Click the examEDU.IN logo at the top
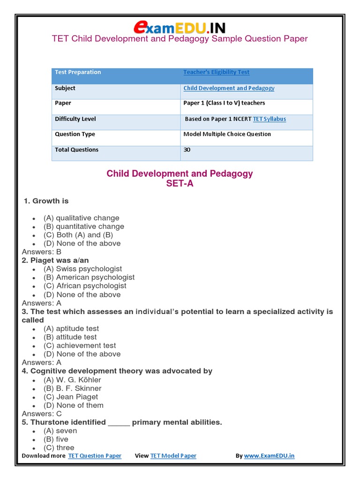click(180, 27)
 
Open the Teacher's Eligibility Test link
click(216, 72)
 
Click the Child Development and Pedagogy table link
click(229, 88)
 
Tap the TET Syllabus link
click(269, 119)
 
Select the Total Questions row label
click(76, 150)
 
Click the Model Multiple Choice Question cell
click(227, 134)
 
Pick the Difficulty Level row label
click(75, 119)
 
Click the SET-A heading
click(180, 184)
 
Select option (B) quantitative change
click(84, 226)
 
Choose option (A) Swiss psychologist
click(82, 269)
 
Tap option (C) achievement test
click(80, 345)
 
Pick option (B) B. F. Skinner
click(72, 388)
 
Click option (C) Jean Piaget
click(71, 397)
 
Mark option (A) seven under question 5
click(60, 431)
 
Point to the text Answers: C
click(42, 414)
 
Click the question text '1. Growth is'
click(46, 201)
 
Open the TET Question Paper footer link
click(95, 456)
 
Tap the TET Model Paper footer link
click(173, 456)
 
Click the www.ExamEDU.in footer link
click(269, 456)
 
